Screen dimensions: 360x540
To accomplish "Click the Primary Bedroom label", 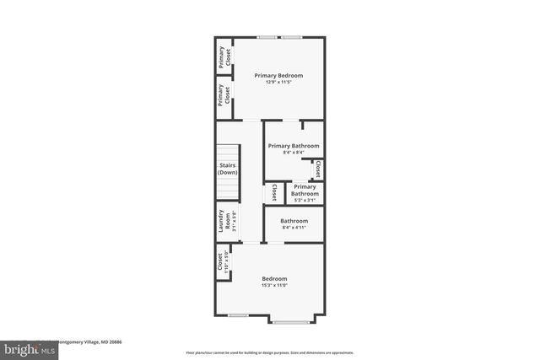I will pos(278,76).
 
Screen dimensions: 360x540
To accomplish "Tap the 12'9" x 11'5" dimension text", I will pos(278,83).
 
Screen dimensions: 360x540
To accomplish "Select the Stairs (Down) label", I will pos(227,169).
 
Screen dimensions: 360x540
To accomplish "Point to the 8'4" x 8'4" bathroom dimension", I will pos(294,153).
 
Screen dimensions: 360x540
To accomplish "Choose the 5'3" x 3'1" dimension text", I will pos(305,200).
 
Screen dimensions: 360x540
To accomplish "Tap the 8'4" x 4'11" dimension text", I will pos(294,228).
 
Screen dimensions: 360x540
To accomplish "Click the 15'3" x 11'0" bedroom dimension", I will pos(274,286).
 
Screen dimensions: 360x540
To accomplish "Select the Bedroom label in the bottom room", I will pos(274,279).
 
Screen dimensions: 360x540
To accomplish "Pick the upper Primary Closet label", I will pos(224,56).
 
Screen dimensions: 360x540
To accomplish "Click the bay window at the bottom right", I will pos(292,322).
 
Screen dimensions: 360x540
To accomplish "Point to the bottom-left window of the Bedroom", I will pos(239,315).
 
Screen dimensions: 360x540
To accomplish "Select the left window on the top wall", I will pos(267,37).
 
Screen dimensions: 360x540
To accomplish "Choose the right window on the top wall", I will pos(293,37).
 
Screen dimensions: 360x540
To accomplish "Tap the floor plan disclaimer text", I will pos(270,352).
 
